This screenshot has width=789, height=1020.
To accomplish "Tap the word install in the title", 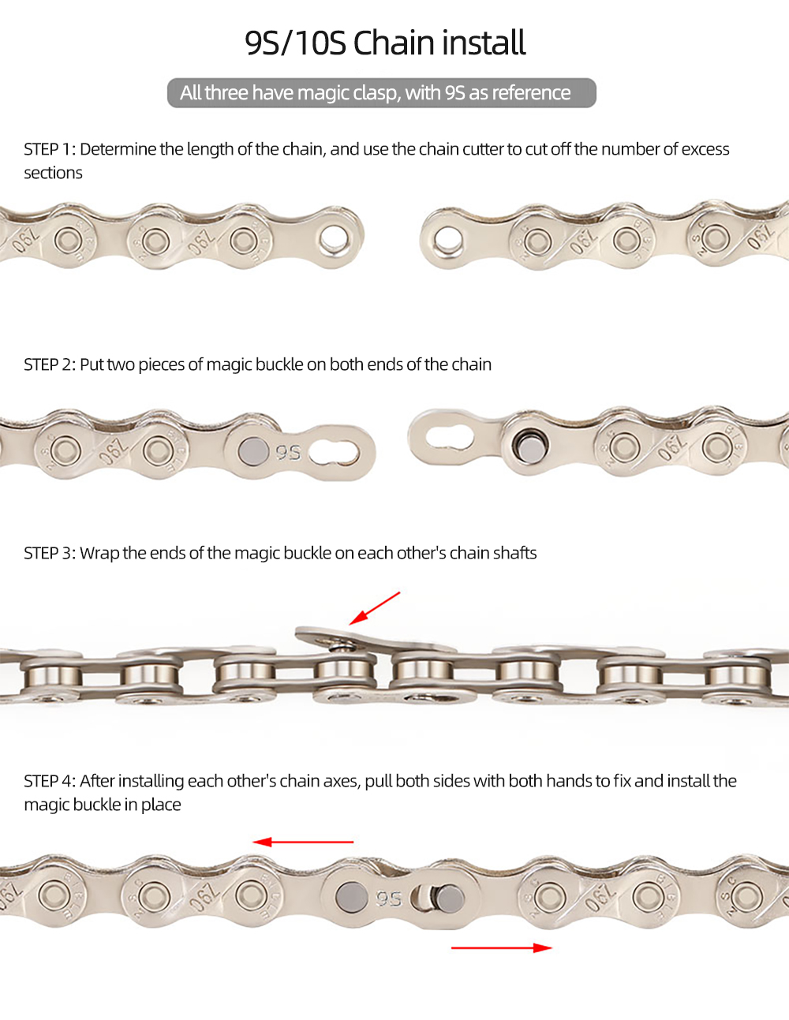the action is tap(485, 43).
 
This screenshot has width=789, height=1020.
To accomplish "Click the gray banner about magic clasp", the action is tap(382, 93).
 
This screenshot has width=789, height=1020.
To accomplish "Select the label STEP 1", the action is tap(49, 149).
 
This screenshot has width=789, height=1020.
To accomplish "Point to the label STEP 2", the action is tap(49, 364).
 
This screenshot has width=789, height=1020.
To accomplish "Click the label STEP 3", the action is tap(49, 553).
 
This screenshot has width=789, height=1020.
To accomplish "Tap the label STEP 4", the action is tap(49, 781).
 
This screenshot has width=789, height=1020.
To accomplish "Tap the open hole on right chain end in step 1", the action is tap(448, 239).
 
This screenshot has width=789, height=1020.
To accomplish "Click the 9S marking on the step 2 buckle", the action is tap(288, 452).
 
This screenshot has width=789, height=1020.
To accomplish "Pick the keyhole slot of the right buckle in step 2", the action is tap(450, 438).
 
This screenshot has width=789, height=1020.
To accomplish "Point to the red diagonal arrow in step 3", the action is tap(375, 608).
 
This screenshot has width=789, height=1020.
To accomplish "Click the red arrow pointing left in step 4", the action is tap(303, 842).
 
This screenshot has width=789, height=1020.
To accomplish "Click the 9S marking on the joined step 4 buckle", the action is tap(389, 898).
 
